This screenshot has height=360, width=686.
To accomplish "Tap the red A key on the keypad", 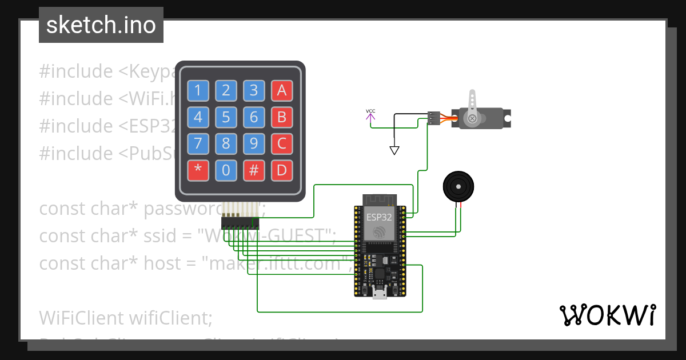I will point(282,90).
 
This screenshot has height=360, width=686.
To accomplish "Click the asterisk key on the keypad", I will point(198,170).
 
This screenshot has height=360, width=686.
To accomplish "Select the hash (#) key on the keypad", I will point(254,170).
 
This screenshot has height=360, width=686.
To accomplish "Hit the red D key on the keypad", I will point(282,170).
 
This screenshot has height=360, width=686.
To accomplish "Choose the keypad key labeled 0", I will point(226,170).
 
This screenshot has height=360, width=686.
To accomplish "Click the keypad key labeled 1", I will point(198,90).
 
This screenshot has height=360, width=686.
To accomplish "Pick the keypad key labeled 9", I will point(254,143).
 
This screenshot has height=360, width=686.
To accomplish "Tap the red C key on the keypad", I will point(282,143).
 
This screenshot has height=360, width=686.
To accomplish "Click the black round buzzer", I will point(458,186).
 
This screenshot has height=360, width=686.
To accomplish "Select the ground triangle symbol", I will point(394,150).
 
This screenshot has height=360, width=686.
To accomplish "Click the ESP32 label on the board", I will point(380,217).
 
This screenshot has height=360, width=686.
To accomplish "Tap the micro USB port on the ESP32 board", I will point(379,294).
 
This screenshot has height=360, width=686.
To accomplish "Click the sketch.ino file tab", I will point(101,25).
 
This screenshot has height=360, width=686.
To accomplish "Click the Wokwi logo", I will point(607,315).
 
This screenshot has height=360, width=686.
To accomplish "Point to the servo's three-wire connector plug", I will point(434,118).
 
